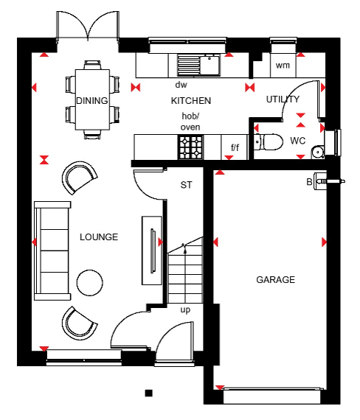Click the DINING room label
tap(92, 101)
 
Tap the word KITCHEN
tap(191, 101)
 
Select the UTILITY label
tap(283, 99)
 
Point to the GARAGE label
tap(275, 280)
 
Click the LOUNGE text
tap(99, 237)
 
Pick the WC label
tap(298, 141)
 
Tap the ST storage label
tap(186, 185)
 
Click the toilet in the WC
tap(269, 142)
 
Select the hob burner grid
tap(191, 147)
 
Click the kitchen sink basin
tap(210, 65)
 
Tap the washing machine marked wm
tap(283, 65)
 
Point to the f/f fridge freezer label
tap(235, 147)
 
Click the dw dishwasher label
tap(181, 85)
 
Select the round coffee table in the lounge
tap(89, 283)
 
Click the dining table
tap(92, 99)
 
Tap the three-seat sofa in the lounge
tap(52, 251)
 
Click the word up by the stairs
tap(185, 310)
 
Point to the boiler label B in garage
tap(309, 182)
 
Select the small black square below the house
tap(149, 393)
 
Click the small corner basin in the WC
tap(318, 152)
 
